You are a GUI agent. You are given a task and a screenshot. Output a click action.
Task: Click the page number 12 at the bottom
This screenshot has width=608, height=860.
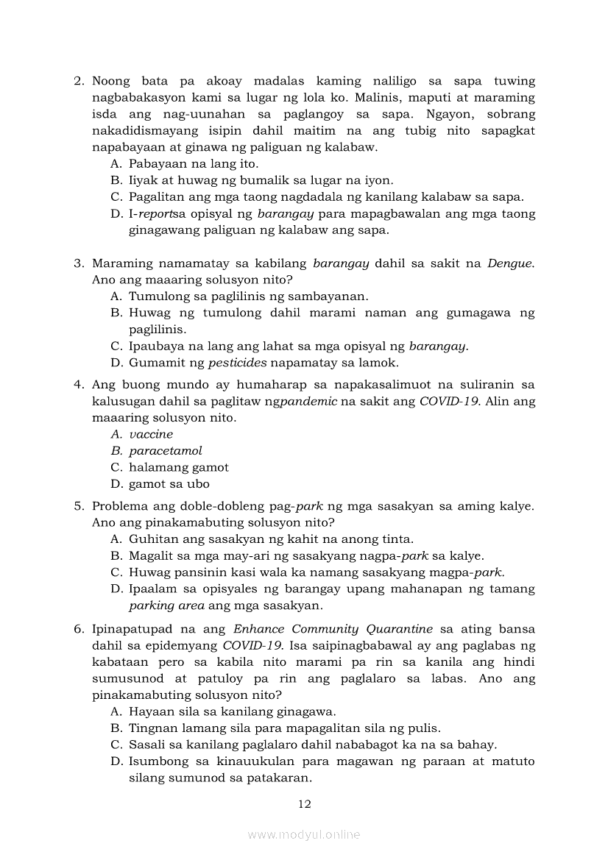[304, 804]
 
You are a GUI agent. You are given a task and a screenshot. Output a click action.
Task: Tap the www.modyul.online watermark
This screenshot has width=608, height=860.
[304, 835]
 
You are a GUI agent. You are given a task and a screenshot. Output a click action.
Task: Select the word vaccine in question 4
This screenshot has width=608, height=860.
[151, 434]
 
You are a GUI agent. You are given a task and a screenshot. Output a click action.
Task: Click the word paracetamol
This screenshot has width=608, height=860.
[166, 451]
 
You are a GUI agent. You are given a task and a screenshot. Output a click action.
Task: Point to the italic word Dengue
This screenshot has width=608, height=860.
[510, 263]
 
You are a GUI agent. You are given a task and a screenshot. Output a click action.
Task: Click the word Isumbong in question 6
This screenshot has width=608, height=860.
[156, 761]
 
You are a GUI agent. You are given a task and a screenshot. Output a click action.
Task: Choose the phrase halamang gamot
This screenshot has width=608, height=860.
[179, 467]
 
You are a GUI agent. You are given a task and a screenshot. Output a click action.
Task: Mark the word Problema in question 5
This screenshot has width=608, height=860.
[120, 506]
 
